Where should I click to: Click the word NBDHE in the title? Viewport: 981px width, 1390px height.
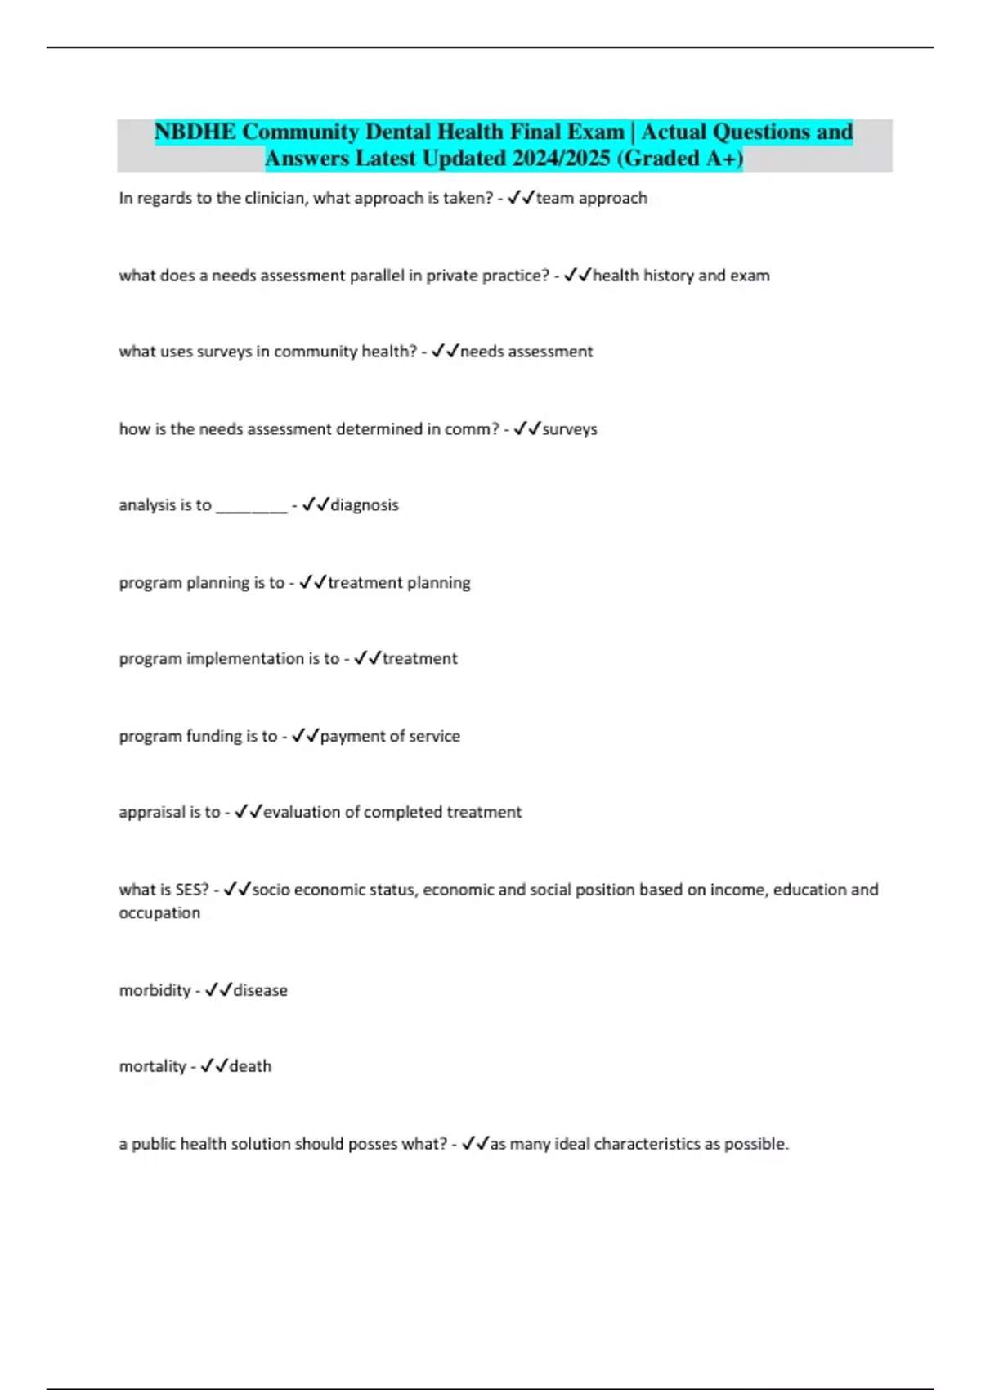(x=195, y=132)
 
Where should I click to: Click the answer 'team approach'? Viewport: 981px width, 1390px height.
(x=591, y=198)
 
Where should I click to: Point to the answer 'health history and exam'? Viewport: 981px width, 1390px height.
(x=681, y=276)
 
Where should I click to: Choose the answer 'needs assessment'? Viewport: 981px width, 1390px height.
(x=526, y=352)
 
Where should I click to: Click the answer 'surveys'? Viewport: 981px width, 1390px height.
(x=570, y=429)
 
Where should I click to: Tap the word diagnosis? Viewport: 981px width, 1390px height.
(x=365, y=505)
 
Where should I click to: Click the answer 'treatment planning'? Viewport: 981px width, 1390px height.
(x=399, y=583)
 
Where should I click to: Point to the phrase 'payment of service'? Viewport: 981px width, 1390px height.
(x=390, y=736)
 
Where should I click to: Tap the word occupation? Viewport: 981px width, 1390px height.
(x=159, y=913)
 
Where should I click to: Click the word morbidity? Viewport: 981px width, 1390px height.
(x=155, y=990)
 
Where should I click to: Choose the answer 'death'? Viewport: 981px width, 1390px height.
(x=250, y=1066)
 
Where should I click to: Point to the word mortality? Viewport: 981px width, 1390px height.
(x=152, y=1066)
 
